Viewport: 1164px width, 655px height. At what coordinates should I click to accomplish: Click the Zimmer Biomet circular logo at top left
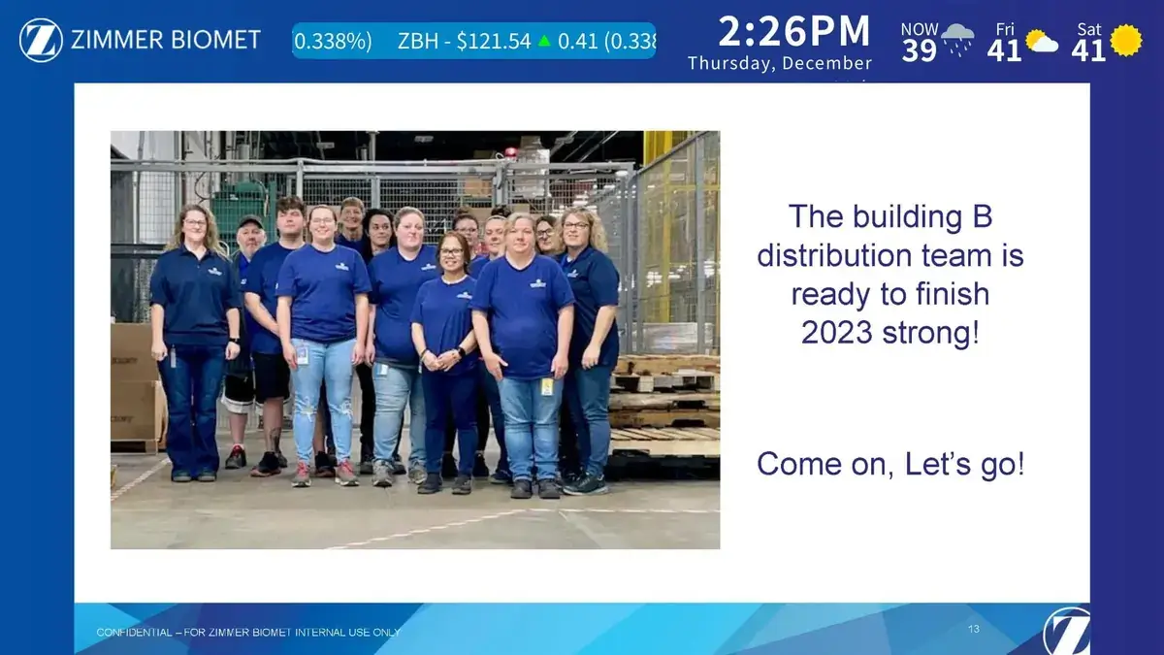(x=41, y=41)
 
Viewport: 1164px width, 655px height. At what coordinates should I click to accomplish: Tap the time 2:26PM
(x=793, y=32)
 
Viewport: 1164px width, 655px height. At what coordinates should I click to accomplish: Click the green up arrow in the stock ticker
(x=544, y=41)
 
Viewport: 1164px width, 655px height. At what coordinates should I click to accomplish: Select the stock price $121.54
(x=494, y=41)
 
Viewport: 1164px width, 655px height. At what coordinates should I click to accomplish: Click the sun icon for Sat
(x=1126, y=40)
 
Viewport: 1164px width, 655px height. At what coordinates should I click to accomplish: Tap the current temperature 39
(x=919, y=50)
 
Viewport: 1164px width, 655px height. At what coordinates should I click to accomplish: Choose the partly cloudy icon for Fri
(x=1042, y=42)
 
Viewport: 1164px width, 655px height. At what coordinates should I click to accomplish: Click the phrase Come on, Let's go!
(x=889, y=464)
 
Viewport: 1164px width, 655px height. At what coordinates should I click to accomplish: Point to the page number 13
(x=973, y=630)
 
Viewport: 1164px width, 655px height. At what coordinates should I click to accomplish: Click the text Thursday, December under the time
(x=780, y=64)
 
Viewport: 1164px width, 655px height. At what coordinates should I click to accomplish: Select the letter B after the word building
(x=981, y=216)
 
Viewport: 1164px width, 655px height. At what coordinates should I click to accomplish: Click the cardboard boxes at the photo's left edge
(x=133, y=388)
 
